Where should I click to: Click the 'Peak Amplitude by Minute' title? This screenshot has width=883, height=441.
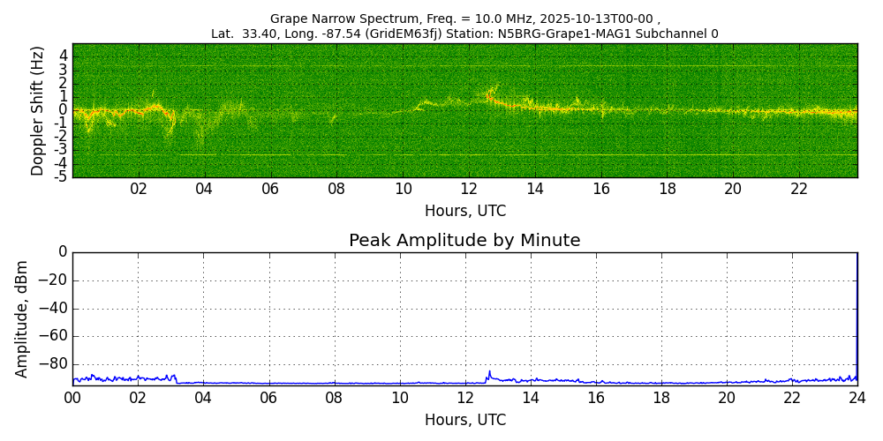point(464,241)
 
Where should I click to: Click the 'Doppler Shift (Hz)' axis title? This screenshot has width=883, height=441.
point(38,111)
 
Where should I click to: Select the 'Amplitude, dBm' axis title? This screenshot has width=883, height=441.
point(22,318)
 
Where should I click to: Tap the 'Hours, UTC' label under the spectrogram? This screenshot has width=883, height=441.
point(464,212)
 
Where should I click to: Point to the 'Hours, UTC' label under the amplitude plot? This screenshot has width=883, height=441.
point(464,421)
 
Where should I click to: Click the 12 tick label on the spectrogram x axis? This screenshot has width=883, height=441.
point(469,189)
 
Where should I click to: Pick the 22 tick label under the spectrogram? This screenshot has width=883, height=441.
point(799,189)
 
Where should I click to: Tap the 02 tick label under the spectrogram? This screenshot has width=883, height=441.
point(139,189)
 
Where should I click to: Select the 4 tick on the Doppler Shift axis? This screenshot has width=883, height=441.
point(63,55)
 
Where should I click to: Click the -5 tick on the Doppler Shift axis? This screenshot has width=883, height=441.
point(60,176)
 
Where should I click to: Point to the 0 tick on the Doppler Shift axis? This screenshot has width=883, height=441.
point(63,109)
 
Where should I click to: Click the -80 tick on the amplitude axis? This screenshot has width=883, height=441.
point(54,363)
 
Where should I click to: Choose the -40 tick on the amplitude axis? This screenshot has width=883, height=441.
point(54,309)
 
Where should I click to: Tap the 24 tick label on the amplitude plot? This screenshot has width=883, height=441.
point(857,398)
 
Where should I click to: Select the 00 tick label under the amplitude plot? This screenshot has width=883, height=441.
point(72,398)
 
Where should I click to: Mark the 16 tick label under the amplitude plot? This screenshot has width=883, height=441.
point(596,398)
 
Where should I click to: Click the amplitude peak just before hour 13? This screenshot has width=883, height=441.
point(489,371)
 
